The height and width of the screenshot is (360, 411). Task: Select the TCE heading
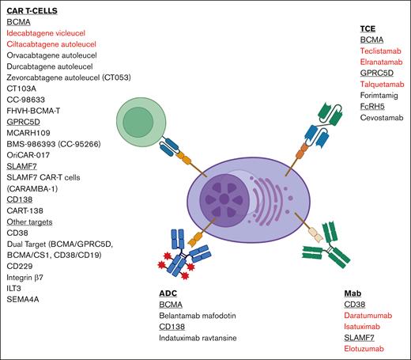[369, 27]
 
